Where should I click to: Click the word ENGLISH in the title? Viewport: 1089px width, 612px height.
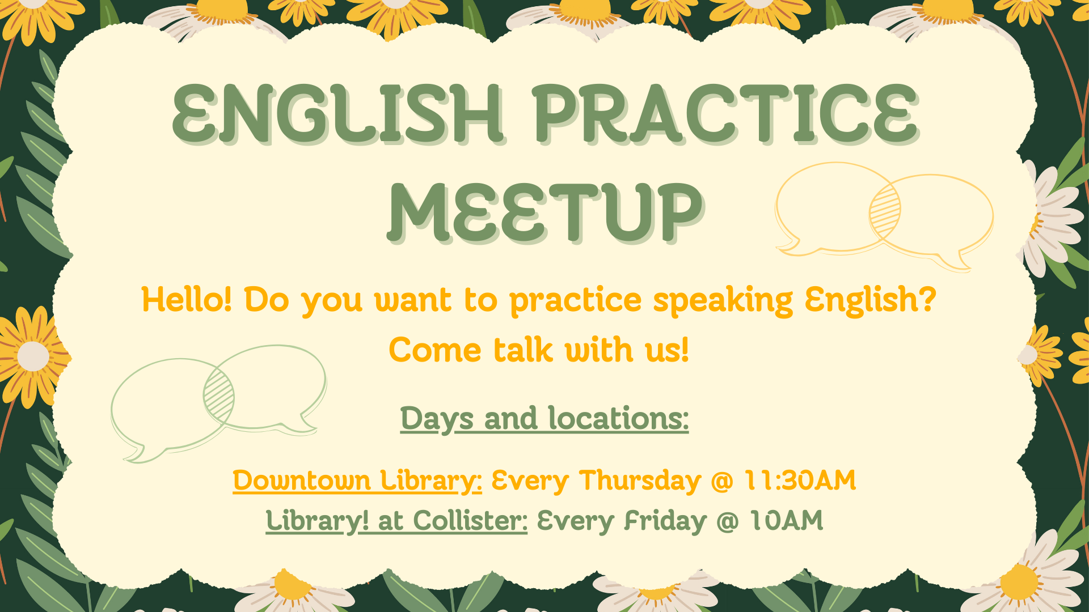coord(338,113)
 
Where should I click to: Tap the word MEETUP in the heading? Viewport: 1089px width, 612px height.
coord(546,213)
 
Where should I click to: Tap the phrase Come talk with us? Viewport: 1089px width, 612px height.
coord(539,350)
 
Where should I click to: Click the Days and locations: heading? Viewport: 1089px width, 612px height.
coord(544,419)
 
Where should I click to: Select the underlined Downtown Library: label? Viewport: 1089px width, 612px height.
coord(357,481)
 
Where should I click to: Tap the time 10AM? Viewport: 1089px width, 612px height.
coord(786,520)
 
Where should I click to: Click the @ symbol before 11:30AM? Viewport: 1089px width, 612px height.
coord(723,481)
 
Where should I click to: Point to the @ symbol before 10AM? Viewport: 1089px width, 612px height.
coord(728,521)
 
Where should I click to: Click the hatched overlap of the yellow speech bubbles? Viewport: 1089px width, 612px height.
coord(885,213)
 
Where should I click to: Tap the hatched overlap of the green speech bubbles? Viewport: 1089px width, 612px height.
coord(219,396)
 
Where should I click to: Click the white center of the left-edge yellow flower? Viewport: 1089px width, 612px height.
coord(33,356)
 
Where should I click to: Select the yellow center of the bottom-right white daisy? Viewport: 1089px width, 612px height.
coord(1019,583)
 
